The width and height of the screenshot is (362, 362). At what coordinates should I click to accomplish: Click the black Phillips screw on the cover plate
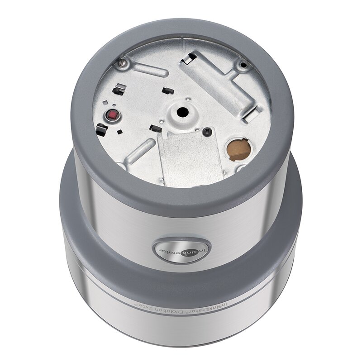tap(207, 132)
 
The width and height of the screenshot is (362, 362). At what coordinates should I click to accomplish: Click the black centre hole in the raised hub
tap(183, 112)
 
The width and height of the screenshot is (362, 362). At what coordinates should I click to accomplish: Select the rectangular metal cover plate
tap(190, 157)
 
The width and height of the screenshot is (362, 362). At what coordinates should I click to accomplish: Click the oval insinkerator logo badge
tap(182, 249)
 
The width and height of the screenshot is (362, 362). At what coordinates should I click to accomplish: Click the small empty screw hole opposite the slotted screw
tap(243, 65)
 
